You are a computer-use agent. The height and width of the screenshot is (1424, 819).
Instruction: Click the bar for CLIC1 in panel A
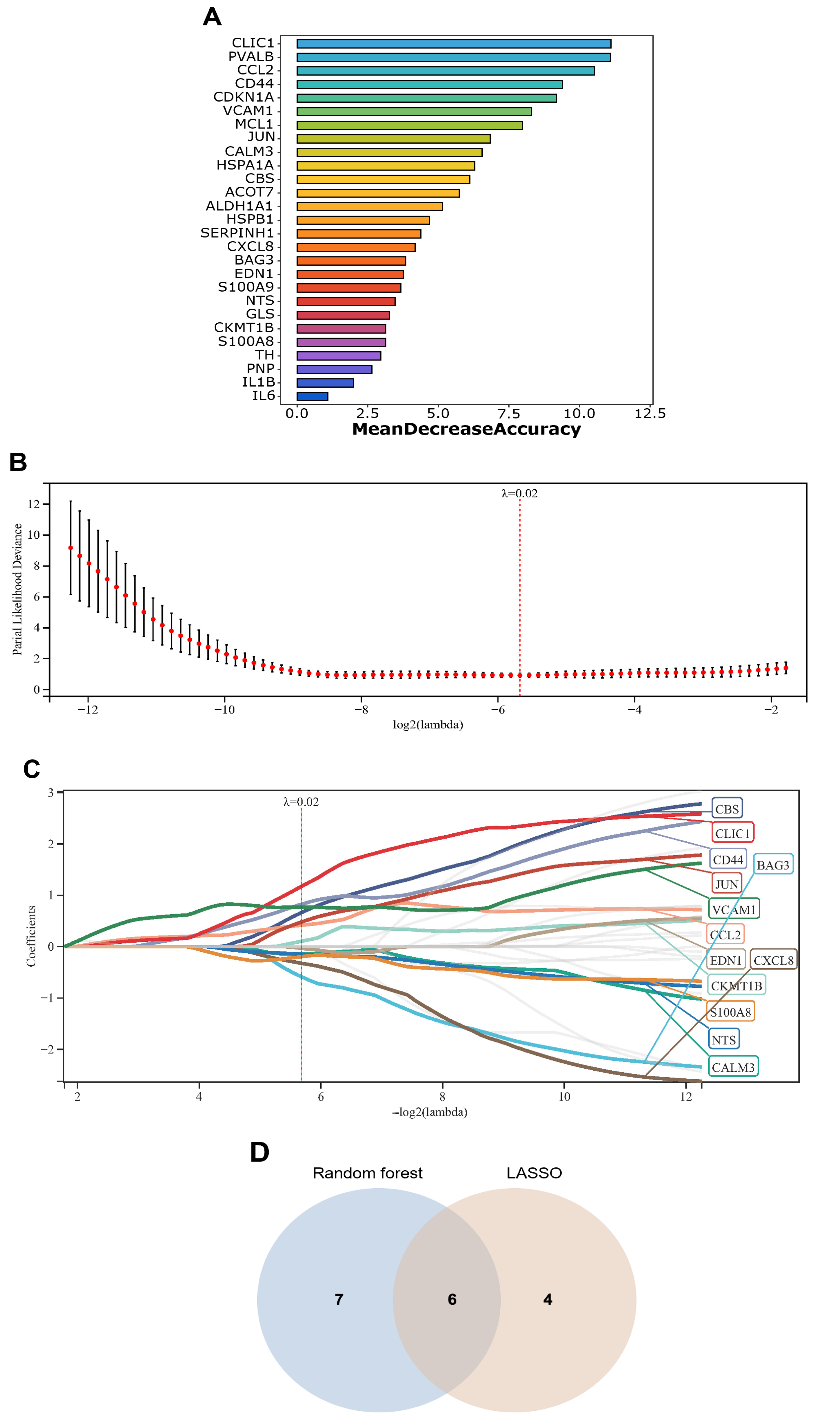[x=453, y=44]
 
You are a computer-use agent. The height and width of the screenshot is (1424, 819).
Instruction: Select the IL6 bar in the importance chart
[x=312, y=396]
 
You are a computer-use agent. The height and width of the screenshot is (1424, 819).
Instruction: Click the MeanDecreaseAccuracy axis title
[x=466, y=429]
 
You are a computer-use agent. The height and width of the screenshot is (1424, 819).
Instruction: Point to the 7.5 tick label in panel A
[x=508, y=414]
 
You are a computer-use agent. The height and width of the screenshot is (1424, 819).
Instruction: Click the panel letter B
[x=18, y=463]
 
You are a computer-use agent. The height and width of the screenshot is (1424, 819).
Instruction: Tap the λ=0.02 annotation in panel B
[x=519, y=493]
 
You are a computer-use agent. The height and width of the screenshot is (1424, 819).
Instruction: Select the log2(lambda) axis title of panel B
[x=428, y=725]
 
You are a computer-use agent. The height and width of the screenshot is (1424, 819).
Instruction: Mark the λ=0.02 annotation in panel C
[x=301, y=802]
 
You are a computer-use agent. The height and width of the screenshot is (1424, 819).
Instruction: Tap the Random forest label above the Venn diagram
[x=367, y=1173]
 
